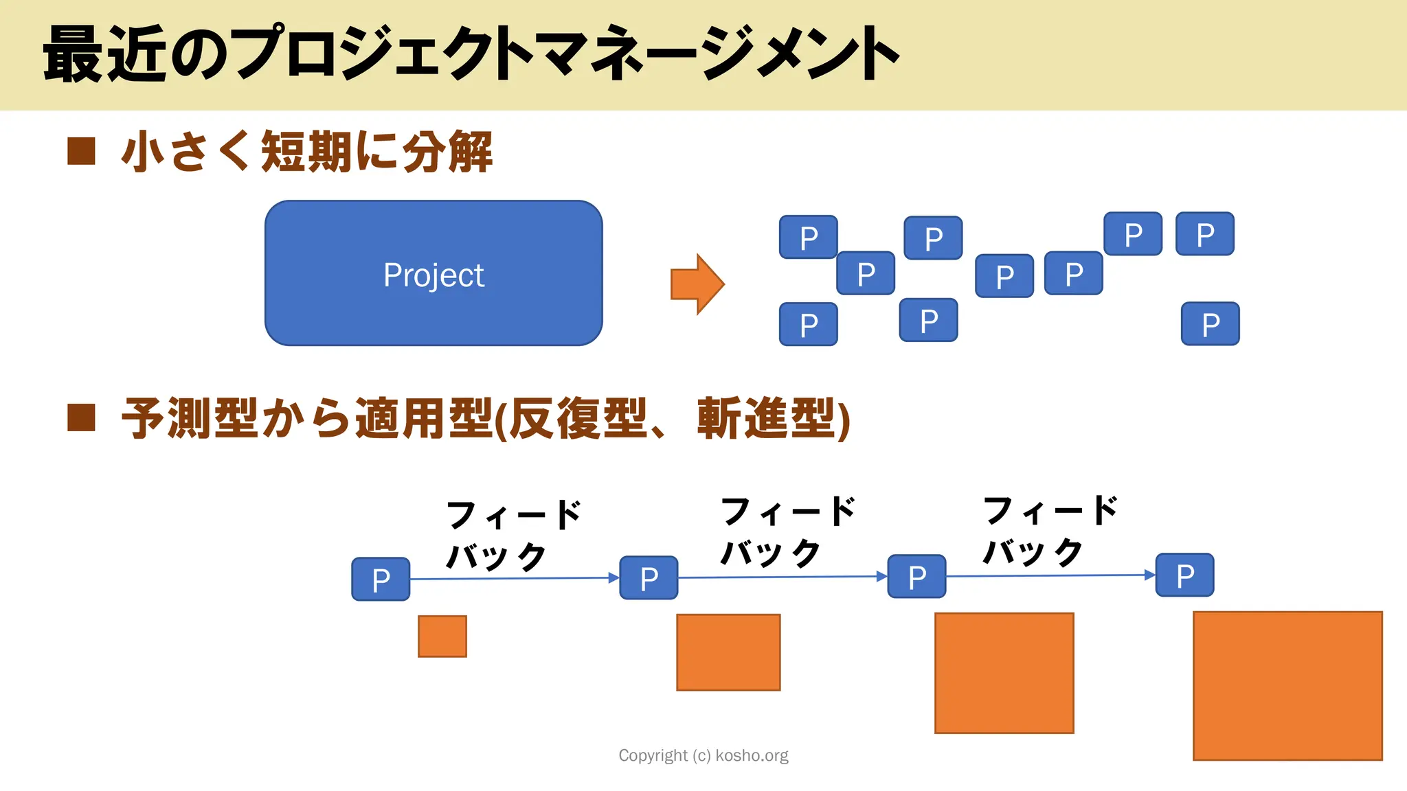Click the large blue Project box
pyautogui.click(x=434, y=273)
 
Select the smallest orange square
pyautogui.click(x=442, y=637)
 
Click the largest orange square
pyautogui.click(x=1287, y=685)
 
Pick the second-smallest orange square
pyautogui.click(x=728, y=652)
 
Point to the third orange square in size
pyautogui.click(x=1004, y=673)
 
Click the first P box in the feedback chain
pyautogui.click(x=381, y=580)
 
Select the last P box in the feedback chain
pyautogui.click(x=1184, y=575)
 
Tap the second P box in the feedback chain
pyautogui.click(x=649, y=578)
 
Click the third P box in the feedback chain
pyautogui.click(x=916, y=577)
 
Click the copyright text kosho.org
pyautogui.click(x=703, y=755)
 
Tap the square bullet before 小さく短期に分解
pyautogui.click(x=81, y=151)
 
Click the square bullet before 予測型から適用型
pyautogui.click(x=81, y=417)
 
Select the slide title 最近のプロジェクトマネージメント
pyautogui.click(x=471, y=54)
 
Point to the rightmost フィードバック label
pyautogui.click(x=1050, y=531)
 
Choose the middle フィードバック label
pyautogui.click(x=787, y=532)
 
